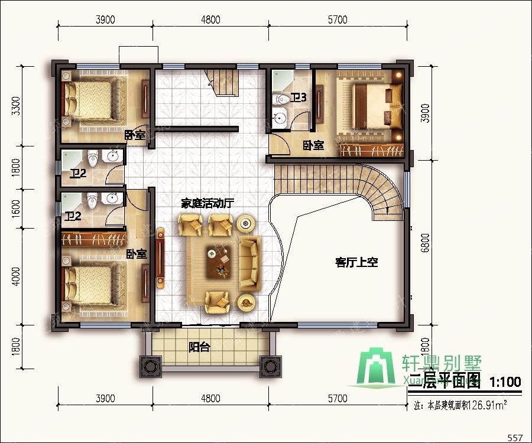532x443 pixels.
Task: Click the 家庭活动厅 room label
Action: click(x=207, y=203)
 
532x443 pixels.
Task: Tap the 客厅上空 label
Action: click(x=356, y=262)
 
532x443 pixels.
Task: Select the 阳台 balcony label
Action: click(x=199, y=347)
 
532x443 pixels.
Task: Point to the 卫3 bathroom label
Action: click(x=298, y=97)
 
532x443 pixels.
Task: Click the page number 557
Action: click(x=515, y=437)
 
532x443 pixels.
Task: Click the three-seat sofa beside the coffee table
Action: click(x=249, y=263)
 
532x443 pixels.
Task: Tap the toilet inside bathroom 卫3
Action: click(x=281, y=97)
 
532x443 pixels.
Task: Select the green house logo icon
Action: click(x=379, y=369)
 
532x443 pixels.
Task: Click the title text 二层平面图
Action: click(x=445, y=382)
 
